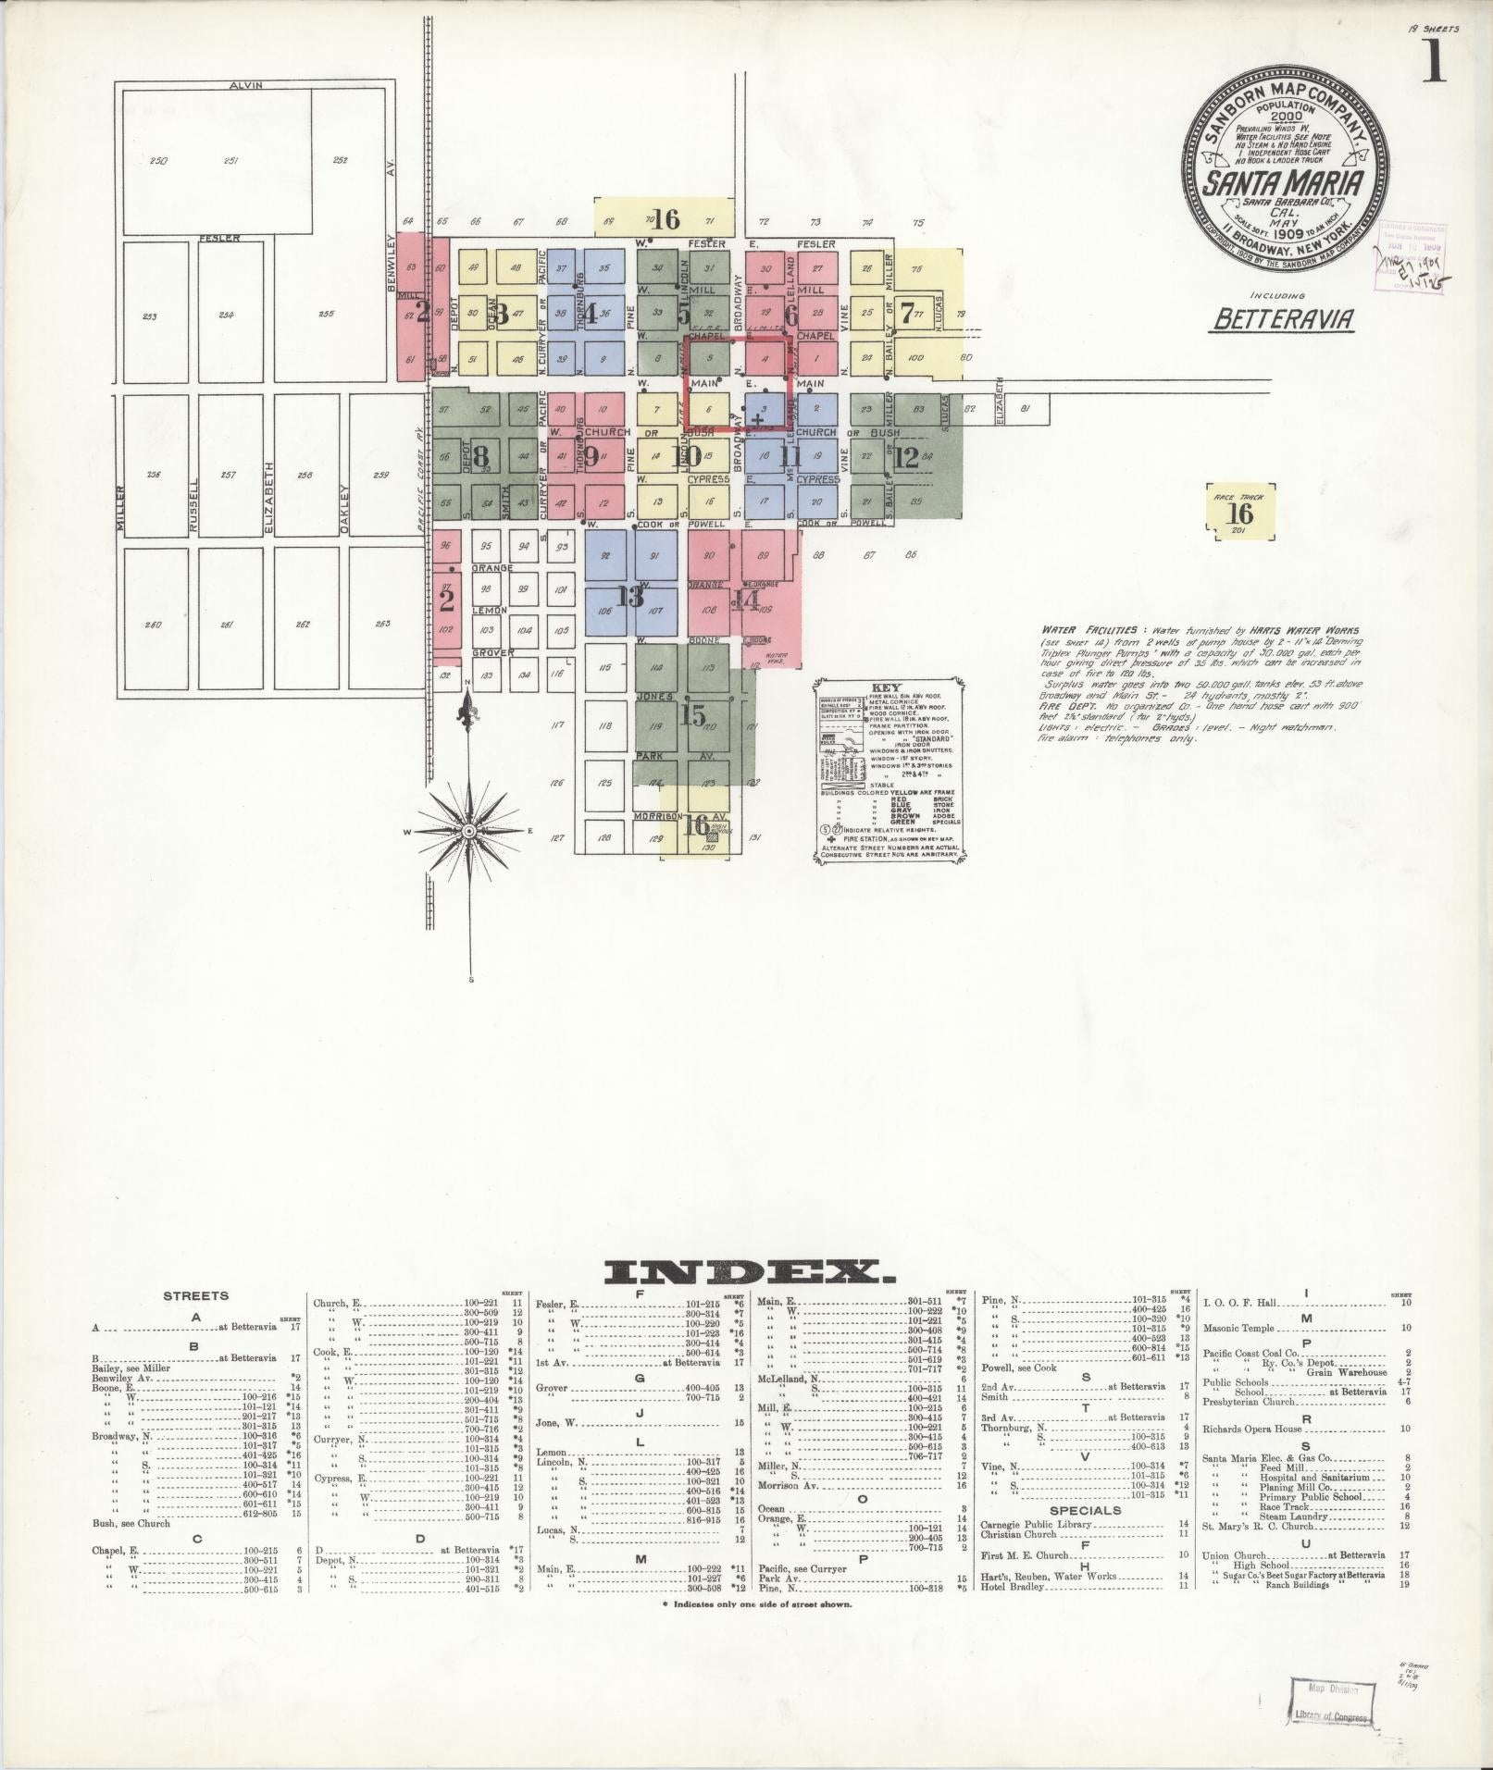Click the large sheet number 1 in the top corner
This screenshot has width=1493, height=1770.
click(x=1435, y=62)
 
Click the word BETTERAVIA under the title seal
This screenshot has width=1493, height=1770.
click(x=1284, y=319)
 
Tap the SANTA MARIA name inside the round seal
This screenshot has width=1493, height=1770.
click(x=1282, y=182)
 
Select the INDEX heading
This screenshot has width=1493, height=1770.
click(x=749, y=1273)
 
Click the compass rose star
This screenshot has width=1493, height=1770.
click(x=469, y=832)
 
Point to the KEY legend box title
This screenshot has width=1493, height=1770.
click(x=887, y=688)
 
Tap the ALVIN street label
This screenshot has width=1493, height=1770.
click(x=247, y=85)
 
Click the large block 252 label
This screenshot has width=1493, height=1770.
click(x=340, y=160)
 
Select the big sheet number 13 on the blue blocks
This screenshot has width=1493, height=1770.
click(x=631, y=597)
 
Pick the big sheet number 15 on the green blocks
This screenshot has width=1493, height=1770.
click(x=692, y=714)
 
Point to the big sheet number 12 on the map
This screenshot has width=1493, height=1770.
click(x=906, y=456)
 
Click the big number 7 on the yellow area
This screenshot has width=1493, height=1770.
click(x=908, y=312)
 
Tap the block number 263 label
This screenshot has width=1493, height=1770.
click(x=382, y=624)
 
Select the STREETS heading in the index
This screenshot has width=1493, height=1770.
click(x=195, y=1296)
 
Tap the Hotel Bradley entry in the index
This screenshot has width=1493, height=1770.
click(x=1012, y=1587)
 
